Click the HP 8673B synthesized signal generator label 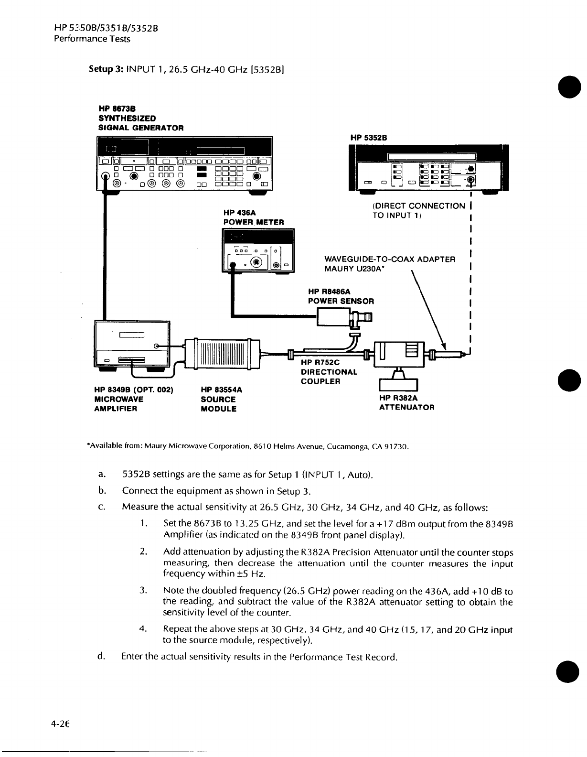[141, 118]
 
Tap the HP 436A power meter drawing [258, 250]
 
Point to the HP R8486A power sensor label [341, 296]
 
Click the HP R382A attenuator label [406, 402]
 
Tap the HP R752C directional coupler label [329, 372]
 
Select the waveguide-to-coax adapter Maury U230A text [389, 264]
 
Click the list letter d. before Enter [100, 657]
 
